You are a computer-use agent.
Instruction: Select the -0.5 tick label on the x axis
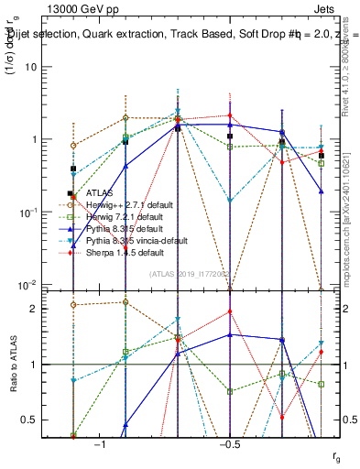click(x=229, y=444)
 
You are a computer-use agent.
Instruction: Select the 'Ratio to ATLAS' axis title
click(x=12, y=365)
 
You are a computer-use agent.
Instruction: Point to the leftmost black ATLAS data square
click(x=73, y=169)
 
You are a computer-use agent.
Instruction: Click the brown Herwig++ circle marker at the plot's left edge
click(x=73, y=146)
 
